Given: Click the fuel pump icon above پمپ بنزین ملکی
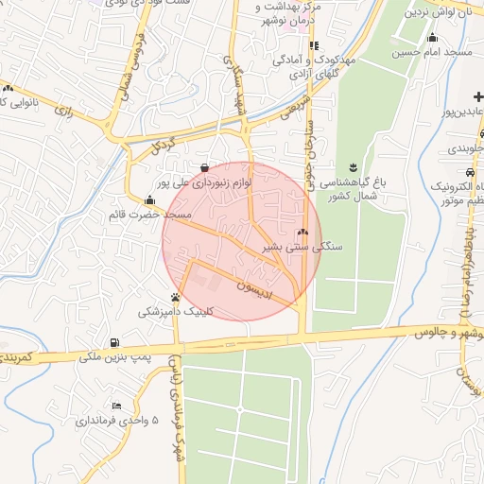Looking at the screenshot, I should [114, 341].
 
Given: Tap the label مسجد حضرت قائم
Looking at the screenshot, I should [149, 216].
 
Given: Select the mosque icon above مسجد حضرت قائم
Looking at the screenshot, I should [149, 200].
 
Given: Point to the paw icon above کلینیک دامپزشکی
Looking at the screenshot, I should [174, 297].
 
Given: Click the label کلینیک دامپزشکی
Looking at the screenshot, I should [177, 311].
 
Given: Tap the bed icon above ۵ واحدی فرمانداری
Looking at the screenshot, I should [116, 406].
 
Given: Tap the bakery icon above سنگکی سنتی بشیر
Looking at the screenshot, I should [302, 233].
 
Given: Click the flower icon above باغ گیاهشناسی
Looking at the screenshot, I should [353, 166].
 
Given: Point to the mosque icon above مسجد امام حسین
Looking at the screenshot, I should [432, 39].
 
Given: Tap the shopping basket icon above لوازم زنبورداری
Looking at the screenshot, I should [205, 167].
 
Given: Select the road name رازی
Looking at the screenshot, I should [64, 111].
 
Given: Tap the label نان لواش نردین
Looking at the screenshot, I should [437, 14].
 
